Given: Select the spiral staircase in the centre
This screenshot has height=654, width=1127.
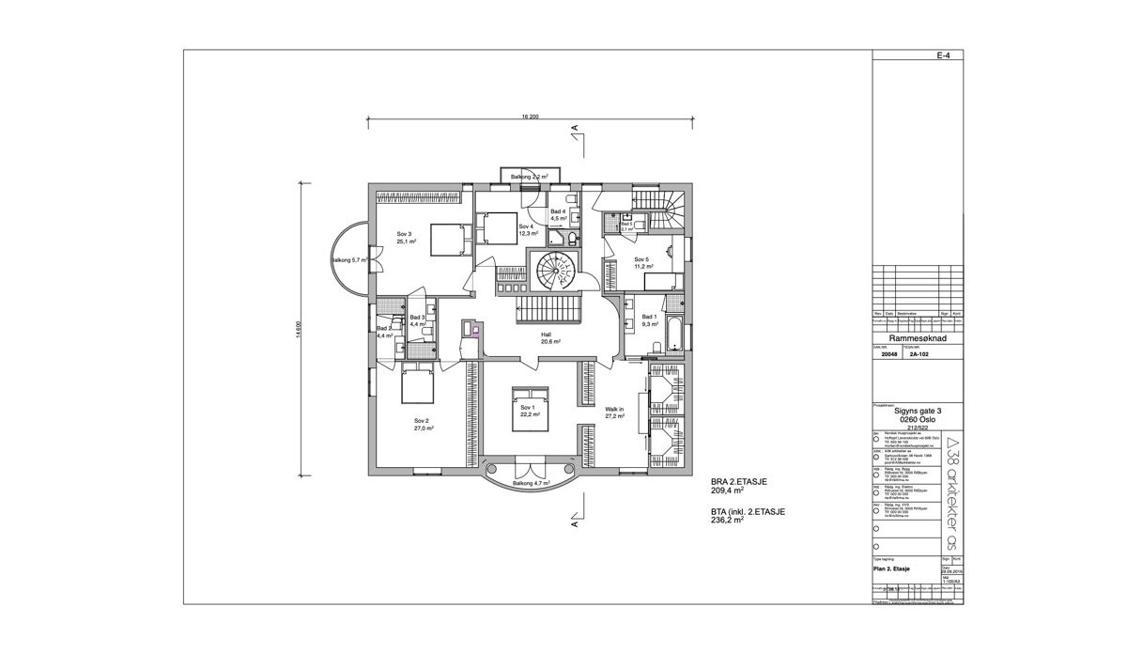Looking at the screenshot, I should [554, 271].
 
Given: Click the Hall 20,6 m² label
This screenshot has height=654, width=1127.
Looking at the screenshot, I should [550, 338].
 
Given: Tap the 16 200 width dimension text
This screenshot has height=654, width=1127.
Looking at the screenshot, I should [529, 117].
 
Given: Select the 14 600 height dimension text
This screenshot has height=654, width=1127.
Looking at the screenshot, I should [298, 329].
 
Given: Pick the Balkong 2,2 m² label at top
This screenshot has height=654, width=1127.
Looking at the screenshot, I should [530, 177].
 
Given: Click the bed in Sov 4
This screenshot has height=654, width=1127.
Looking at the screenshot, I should [497, 226].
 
